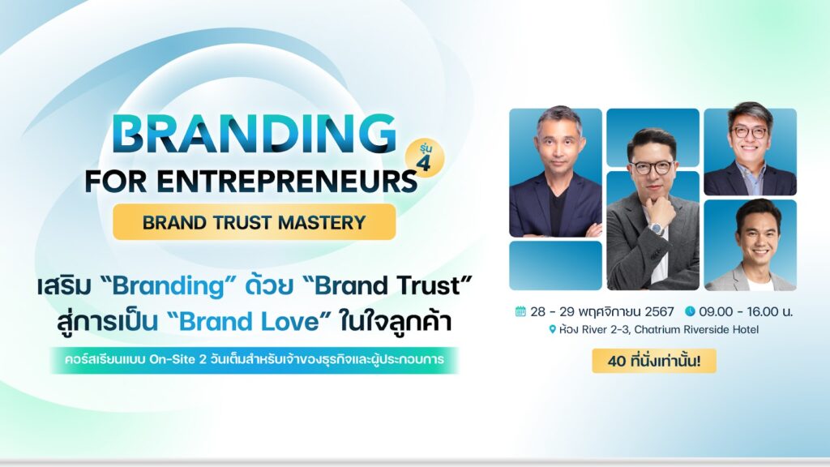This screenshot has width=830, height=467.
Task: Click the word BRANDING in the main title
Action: click(x=255, y=135)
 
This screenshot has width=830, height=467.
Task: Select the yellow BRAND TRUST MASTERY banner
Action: click(x=254, y=222)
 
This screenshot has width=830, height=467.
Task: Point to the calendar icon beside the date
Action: click(x=520, y=311)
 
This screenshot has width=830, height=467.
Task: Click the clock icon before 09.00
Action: click(x=690, y=311)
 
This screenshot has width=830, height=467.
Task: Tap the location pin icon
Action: click(x=553, y=330)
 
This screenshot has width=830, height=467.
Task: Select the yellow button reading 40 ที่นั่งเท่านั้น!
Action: click(x=654, y=361)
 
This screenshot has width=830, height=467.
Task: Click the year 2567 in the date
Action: click(x=659, y=311)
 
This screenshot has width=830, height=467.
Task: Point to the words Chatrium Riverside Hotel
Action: click(x=696, y=329)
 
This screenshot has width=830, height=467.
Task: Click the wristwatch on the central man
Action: click(x=657, y=229)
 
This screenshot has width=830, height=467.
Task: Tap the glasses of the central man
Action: click(x=652, y=167)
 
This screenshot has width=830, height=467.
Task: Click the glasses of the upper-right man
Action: click(x=749, y=132)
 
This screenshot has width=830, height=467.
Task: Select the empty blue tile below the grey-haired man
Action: click(x=555, y=265)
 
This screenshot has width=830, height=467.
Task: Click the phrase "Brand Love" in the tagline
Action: click(x=249, y=321)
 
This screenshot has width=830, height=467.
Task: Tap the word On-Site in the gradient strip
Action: click(x=172, y=359)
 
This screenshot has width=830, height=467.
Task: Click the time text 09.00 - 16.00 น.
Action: click(x=746, y=311)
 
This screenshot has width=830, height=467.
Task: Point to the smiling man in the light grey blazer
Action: click(x=751, y=246)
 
